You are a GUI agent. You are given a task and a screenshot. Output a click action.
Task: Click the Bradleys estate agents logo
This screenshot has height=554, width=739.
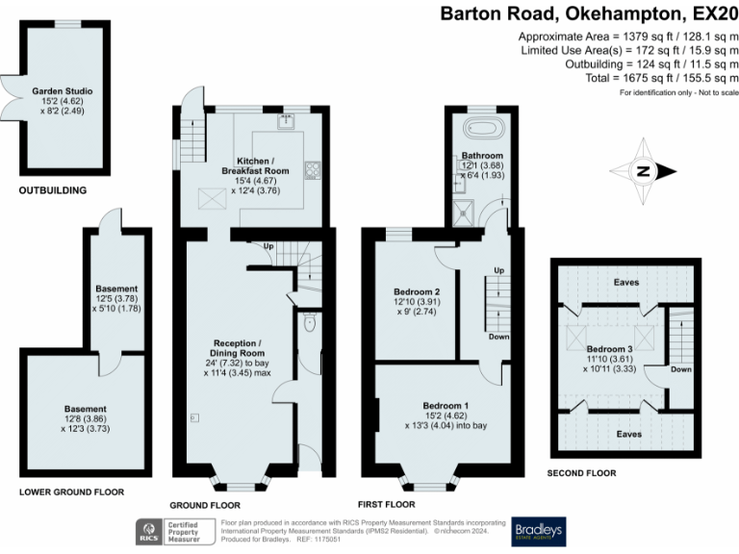(x=538, y=531)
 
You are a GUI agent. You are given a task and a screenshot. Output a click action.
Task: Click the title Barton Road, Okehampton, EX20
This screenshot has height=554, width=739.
(x=590, y=13)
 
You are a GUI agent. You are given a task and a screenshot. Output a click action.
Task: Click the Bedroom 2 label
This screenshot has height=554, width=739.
(x=417, y=297)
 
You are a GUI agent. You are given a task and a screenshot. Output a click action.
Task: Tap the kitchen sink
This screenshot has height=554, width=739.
(x=287, y=121)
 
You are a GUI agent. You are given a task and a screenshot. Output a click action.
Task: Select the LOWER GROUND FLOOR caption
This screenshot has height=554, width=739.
(x=72, y=491)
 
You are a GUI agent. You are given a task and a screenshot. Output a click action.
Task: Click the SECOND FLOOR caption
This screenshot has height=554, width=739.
(x=581, y=473)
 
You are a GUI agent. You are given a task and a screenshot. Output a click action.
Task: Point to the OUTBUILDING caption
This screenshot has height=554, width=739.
(x=53, y=190)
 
